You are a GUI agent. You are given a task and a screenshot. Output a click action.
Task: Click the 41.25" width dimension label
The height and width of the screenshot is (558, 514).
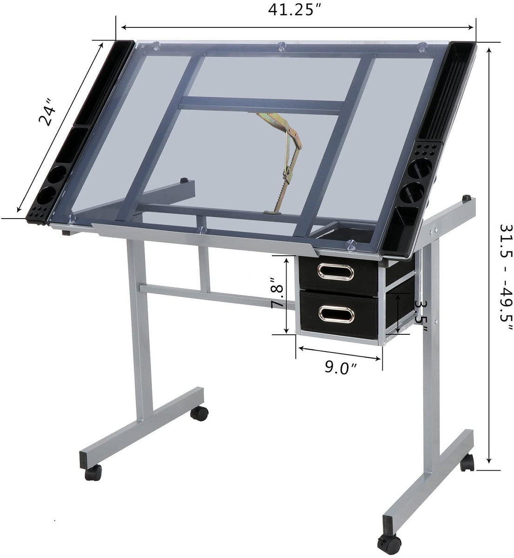coord(294,10)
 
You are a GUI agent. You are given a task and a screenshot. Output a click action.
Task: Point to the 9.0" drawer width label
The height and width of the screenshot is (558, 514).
coord(340,368)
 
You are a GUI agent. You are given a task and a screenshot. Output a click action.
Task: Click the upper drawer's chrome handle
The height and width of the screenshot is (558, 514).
coord(336,272)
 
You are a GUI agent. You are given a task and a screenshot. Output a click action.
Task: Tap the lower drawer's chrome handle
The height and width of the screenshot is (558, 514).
coord(336,314)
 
